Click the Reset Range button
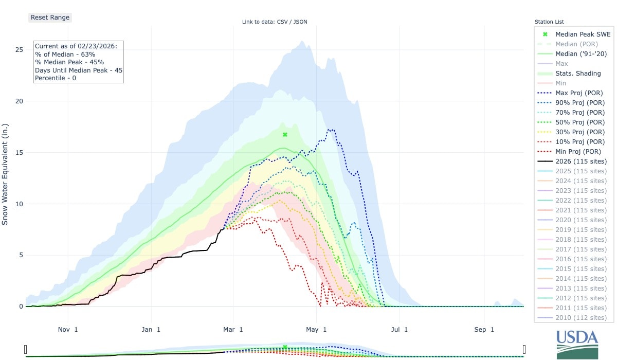point(49,17)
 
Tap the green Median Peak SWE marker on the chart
point(285,135)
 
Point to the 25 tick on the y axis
point(19,50)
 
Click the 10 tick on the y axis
point(19,204)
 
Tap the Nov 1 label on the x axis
point(68,329)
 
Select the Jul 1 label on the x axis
point(399,329)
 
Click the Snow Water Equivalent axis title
point(6,174)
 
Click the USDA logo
point(577,344)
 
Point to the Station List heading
point(549,22)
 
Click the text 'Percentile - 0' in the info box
point(56,78)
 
